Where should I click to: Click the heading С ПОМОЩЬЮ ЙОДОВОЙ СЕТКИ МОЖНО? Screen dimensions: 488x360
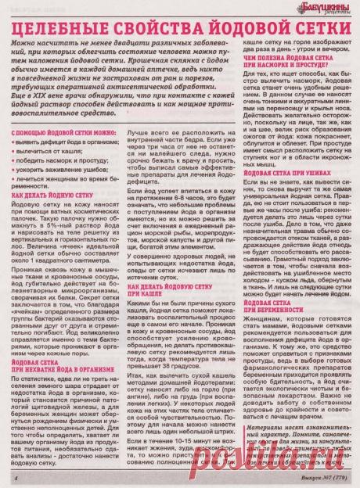pos(62,113)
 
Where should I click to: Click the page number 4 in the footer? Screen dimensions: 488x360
pos(15,476)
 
